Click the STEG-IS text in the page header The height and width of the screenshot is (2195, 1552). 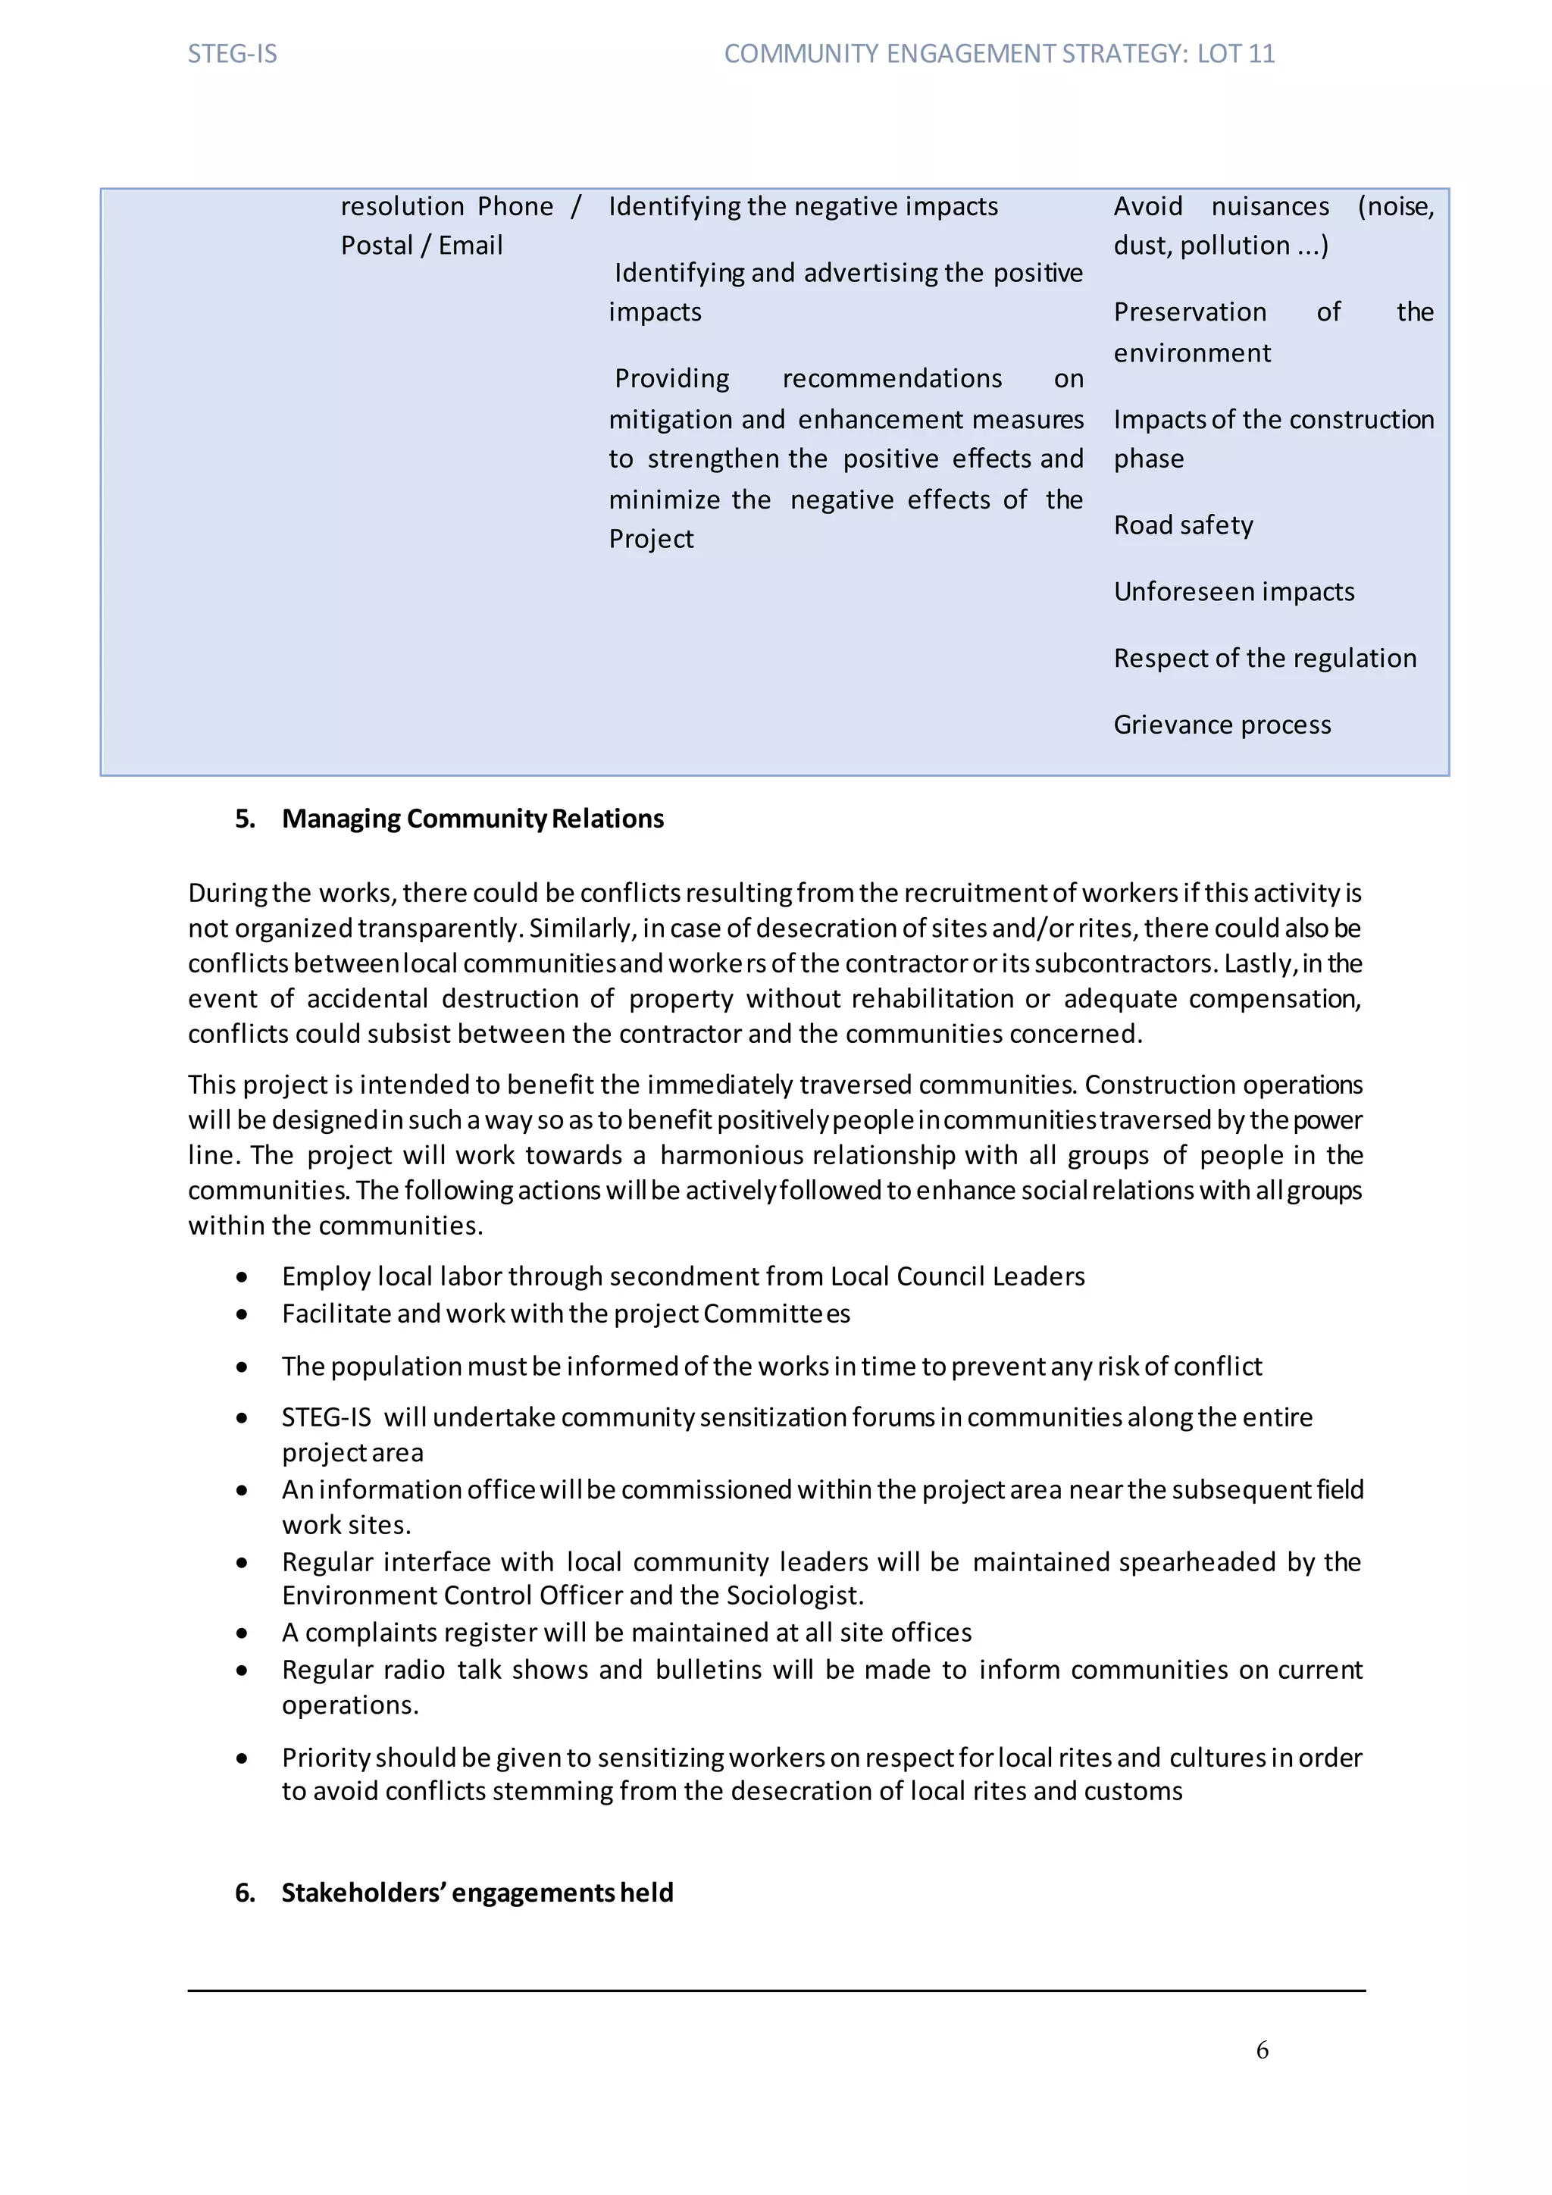pyautogui.click(x=232, y=54)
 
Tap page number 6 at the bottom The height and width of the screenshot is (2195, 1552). pyautogui.click(x=1262, y=2049)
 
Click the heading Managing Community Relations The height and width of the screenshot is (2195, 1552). pyautogui.click(x=472, y=819)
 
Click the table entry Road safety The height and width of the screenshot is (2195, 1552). pyautogui.click(x=1183, y=524)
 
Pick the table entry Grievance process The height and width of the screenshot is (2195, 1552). pyautogui.click(x=1222, y=725)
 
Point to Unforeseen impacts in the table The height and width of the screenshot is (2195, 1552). pyautogui.click(x=1234, y=592)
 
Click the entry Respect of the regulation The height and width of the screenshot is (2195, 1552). pyautogui.click(x=1264, y=658)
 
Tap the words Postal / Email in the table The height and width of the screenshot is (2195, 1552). pyautogui.click(x=421, y=246)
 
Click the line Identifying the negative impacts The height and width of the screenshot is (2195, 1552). pyautogui.click(x=803, y=206)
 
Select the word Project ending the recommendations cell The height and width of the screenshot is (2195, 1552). pyautogui.click(x=651, y=539)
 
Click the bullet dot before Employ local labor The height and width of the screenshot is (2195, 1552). pyautogui.click(x=242, y=1277)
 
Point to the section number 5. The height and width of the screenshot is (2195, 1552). pyautogui.click(x=245, y=819)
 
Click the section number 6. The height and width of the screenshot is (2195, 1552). pyautogui.click(x=245, y=1892)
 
